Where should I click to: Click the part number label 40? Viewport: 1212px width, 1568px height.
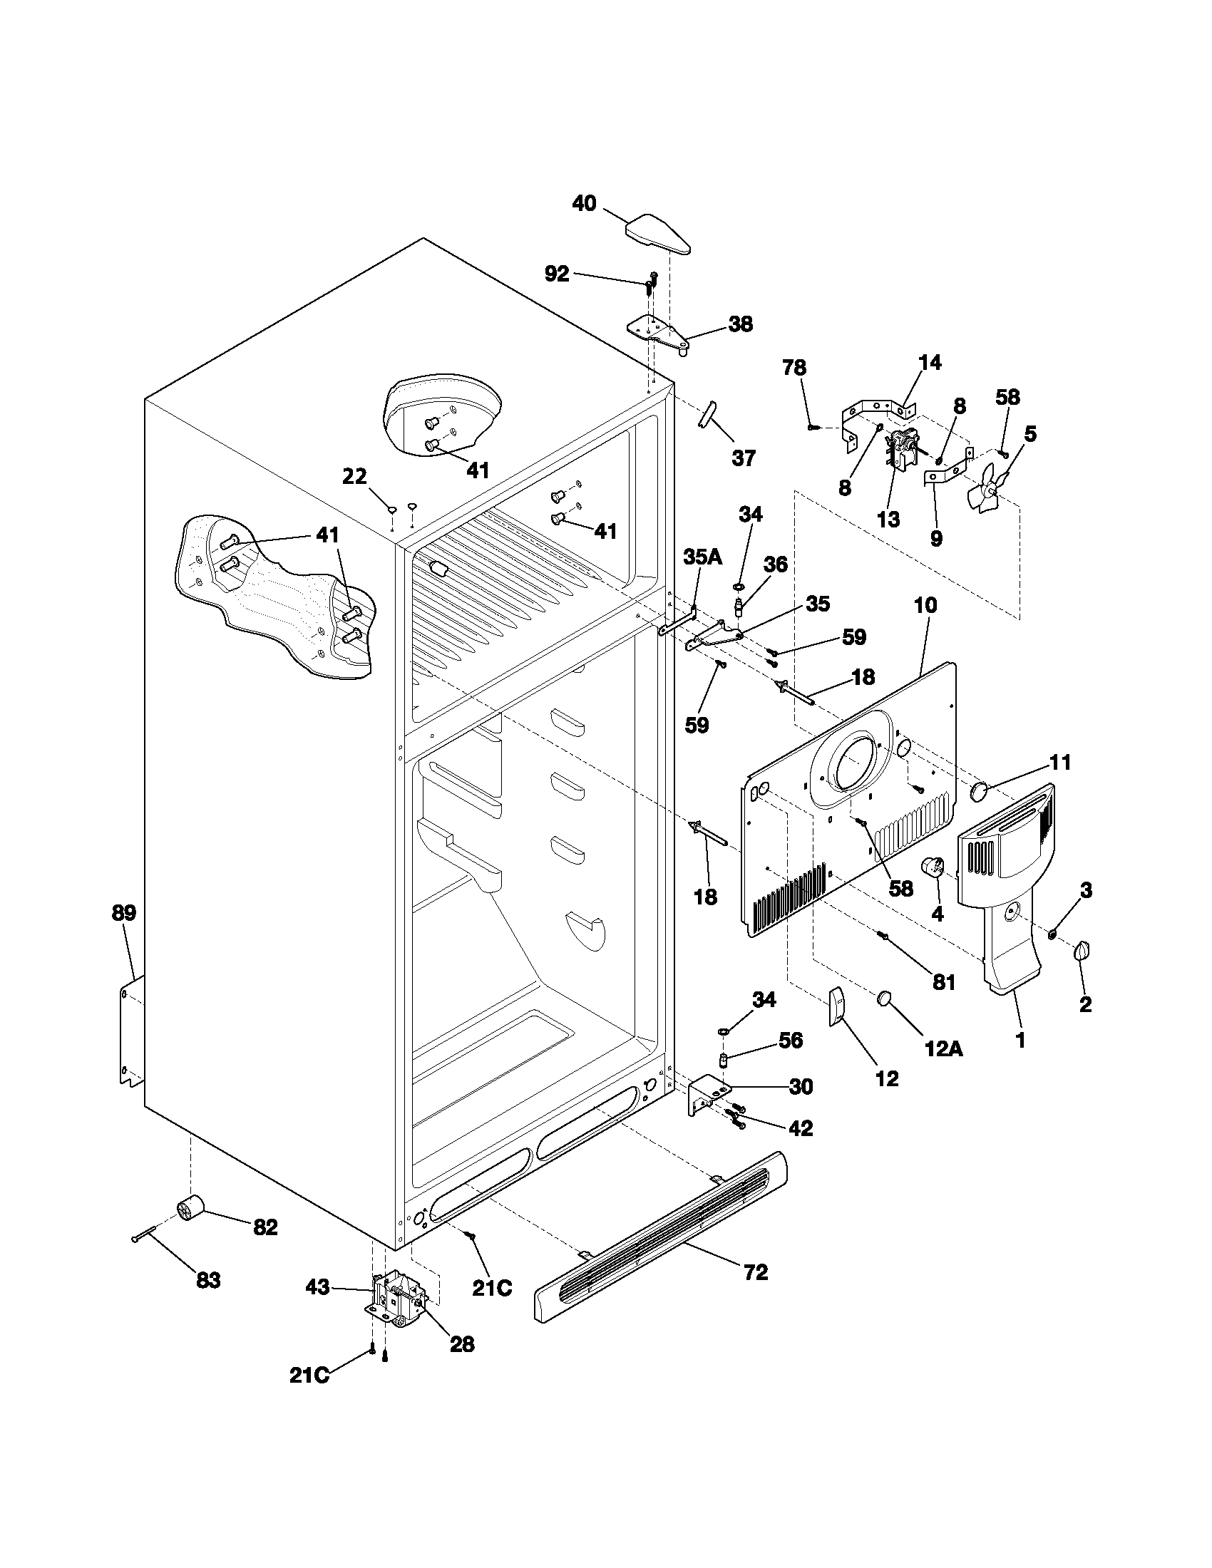point(584,204)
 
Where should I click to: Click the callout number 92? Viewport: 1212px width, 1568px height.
point(557,274)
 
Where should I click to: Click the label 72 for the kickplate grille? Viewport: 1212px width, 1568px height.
point(756,1272)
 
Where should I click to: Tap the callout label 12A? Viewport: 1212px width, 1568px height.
point(943,1049)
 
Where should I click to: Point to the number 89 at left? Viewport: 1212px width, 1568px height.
point(123,913)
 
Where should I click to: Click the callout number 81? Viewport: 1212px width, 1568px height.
point(944,981)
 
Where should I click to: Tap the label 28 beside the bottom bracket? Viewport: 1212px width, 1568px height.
point(462,1344)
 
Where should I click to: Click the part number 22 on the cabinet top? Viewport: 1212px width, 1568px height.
point(354,476)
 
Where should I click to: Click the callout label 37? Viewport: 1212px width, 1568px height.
point(744,458)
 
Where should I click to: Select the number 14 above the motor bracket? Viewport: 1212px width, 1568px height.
point(929,362)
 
